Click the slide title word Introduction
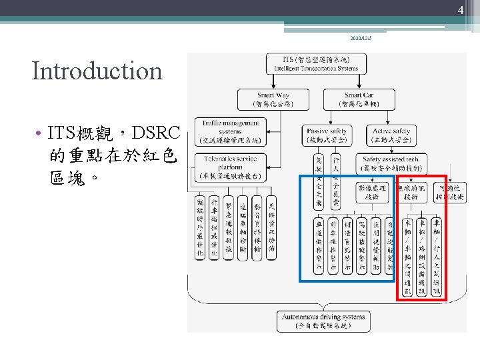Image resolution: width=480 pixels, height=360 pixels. coord(97,71)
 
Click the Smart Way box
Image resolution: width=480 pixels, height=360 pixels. coord(272,99)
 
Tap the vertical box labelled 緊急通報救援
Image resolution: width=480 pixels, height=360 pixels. coord(229,228)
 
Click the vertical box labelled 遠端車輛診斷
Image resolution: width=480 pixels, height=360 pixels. coord(243,228)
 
